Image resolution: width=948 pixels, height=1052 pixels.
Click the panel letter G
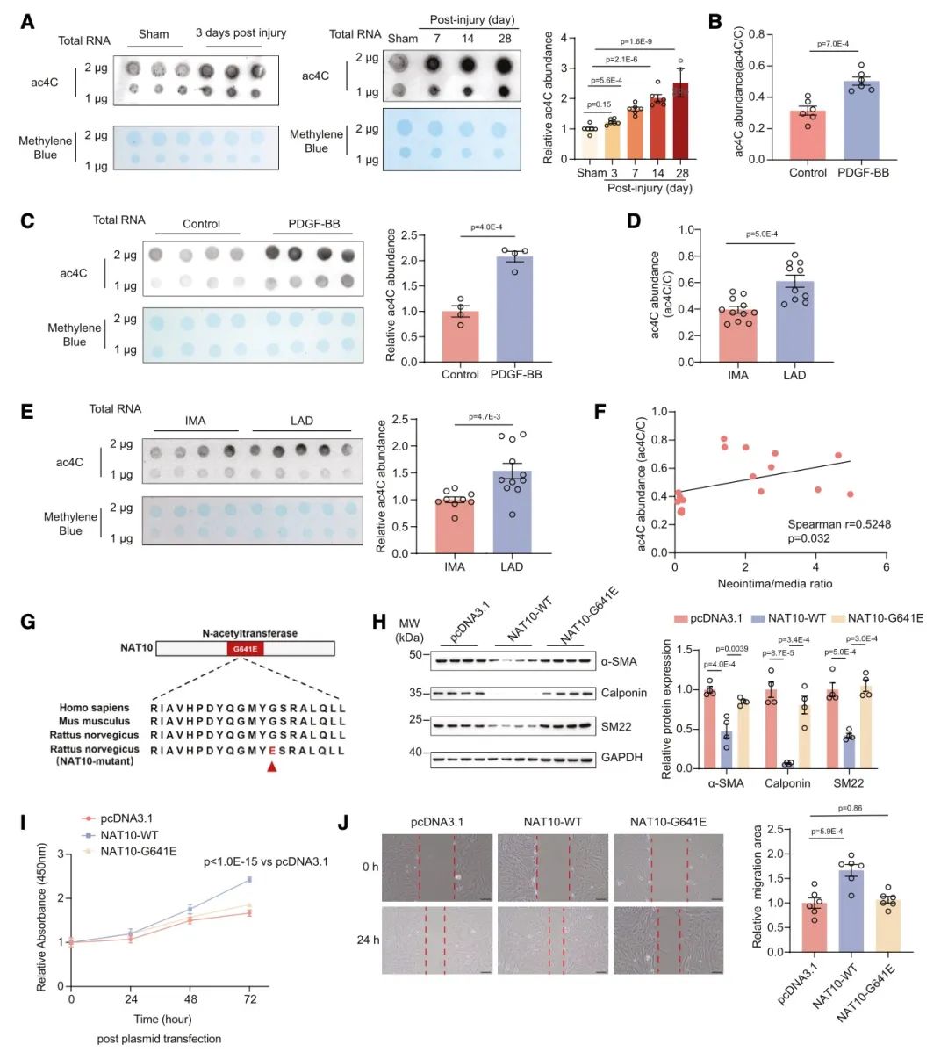pyautogui.click(x=27, y=623)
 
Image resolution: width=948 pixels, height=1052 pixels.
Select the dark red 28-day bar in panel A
pyautogui.click(x=681, y=122)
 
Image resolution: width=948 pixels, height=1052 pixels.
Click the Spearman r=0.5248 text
pyautogui.click(x=838, y=524)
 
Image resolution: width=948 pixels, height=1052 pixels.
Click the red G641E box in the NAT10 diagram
pyautogui.click(x=245, y=649)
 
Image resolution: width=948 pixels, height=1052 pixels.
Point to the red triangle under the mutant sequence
pyautogui.click(x=271, y=767)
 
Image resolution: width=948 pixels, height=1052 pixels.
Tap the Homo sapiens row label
pyautogui.click(x=94, y=708)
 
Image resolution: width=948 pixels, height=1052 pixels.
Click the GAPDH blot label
pyautogui.click(x=622, y=757)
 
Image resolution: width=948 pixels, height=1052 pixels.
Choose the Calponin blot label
pyautogui.click(x=623, y=693)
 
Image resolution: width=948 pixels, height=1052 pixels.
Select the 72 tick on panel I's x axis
pyautogui.click(x=250, y=999)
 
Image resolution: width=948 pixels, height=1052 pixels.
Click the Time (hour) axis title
pyautogui.click(x=163, y=1019)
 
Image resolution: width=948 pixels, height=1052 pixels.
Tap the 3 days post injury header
pyautogui.click(x=241, y=33)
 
